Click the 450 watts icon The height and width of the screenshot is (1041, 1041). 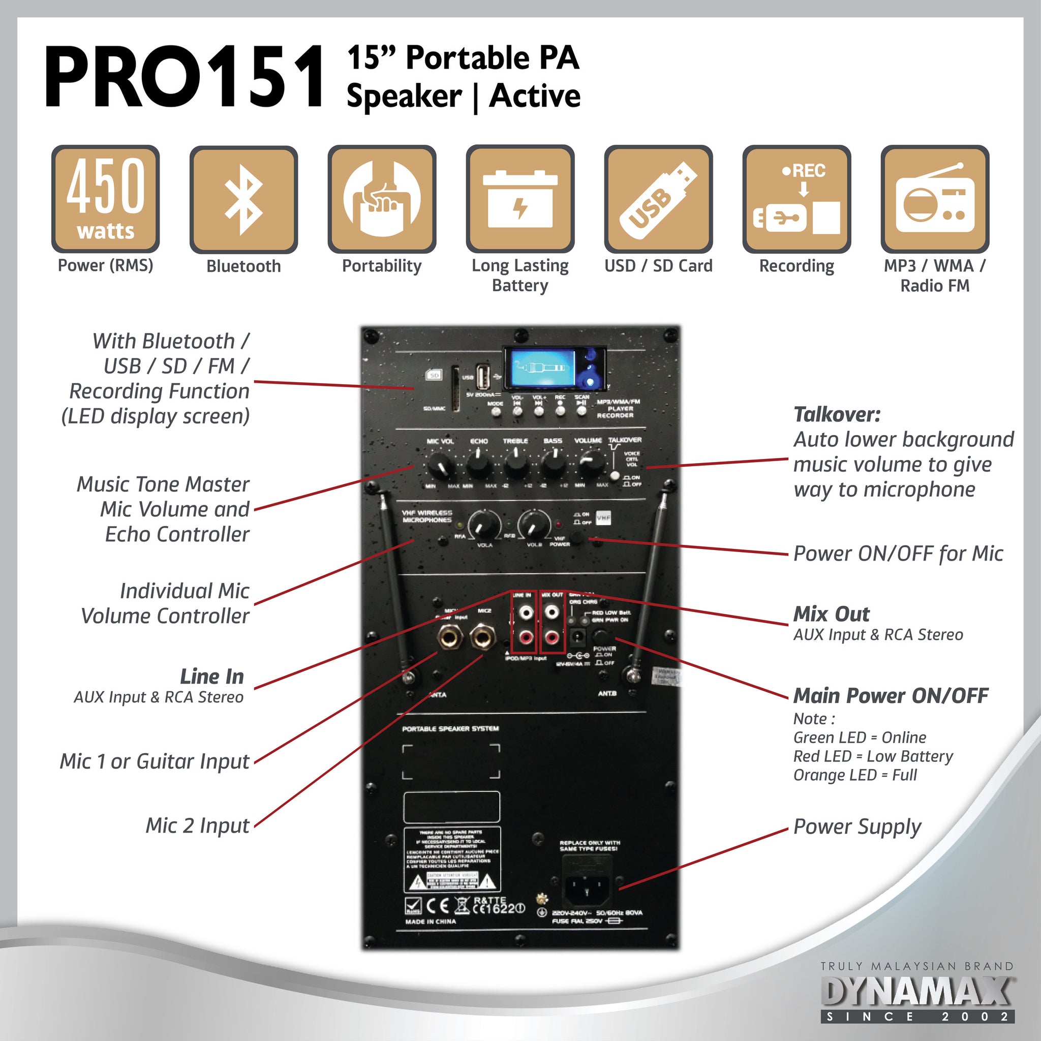click(106, 199)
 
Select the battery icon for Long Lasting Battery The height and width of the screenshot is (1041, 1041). click(520, 199)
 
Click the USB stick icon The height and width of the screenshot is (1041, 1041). click(658, 199)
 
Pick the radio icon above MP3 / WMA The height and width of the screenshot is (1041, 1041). click(935, 199)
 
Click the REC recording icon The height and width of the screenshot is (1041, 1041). click(797, 199)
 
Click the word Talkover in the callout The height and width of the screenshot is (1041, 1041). click(837, 414)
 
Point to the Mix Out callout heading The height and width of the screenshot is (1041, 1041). click(832, 614)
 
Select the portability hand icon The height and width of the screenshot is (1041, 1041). click(382, 199)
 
